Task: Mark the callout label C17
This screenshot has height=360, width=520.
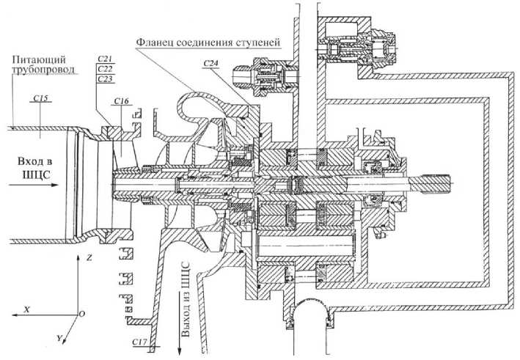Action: [140, 342]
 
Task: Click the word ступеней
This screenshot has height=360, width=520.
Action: [256, 42]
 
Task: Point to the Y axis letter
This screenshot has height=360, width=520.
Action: [58, 339]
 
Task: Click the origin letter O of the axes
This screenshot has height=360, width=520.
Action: [81, 313]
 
